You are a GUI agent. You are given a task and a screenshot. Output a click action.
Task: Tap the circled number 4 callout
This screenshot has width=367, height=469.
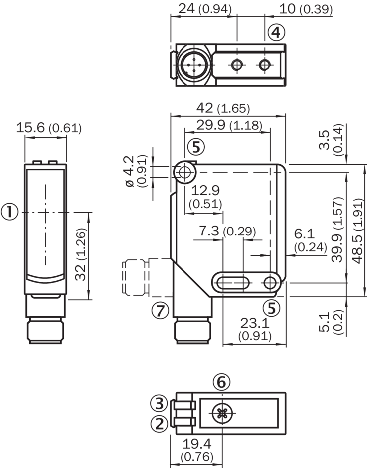tap(276, 33)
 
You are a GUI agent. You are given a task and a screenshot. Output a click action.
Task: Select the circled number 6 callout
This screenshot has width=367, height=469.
tap(222, 382)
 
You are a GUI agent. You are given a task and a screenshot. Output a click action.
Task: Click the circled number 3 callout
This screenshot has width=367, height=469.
tap(159, 402)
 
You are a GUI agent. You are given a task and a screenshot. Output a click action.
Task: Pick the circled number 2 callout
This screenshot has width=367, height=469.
tap(159, 424)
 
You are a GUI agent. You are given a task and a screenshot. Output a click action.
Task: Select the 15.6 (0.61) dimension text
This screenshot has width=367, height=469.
tap(48, 128)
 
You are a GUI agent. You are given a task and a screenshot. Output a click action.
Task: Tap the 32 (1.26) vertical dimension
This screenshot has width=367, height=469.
tap(81, 255)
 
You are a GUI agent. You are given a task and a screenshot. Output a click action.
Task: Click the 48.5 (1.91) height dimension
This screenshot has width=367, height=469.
tap(357, 229)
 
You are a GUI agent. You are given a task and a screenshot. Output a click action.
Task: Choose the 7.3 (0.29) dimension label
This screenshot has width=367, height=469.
tap(227, 231)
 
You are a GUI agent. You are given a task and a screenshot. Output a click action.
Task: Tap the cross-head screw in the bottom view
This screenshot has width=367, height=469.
tap(221, 413)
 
